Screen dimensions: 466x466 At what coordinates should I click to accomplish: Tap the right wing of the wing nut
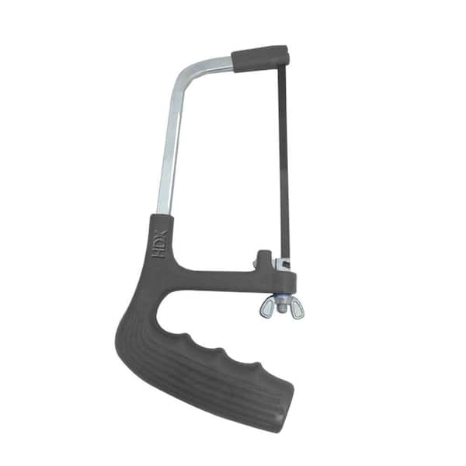coord(295,311)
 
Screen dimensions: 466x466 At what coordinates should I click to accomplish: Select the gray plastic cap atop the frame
coord(260,58)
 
